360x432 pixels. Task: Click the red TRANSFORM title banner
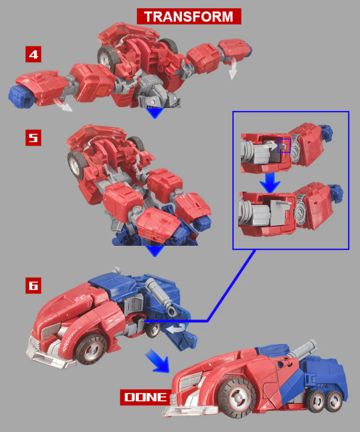pos(189,16)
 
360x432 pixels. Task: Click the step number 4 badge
pos(33,54)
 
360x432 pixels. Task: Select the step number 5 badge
pos(33,137)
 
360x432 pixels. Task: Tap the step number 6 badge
pos(33,286)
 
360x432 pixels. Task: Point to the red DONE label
pos(145,397)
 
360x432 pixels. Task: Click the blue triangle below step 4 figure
pos(155,113)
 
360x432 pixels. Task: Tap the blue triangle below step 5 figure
pos(155,251)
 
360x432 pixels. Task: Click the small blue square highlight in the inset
pos(284,145)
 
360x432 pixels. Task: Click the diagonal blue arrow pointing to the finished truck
pos(158,361)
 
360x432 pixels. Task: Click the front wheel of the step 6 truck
pos(91,350)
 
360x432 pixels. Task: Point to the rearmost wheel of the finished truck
pos(335,402)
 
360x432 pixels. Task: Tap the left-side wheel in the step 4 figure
pos(107,57)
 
